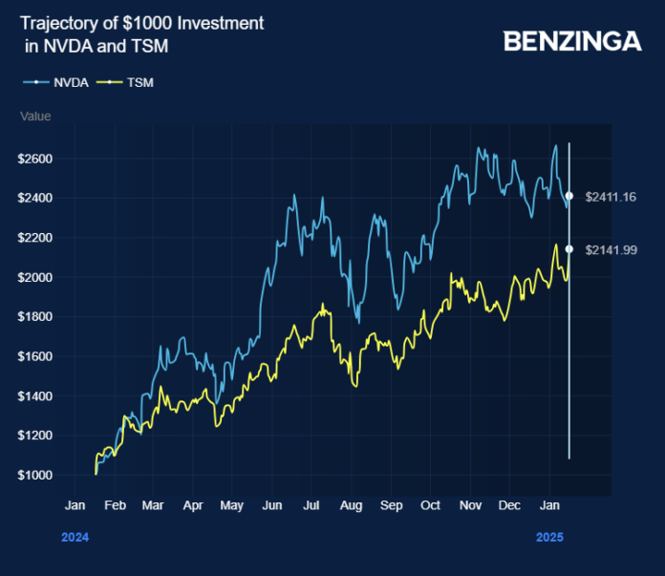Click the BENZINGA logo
click(572, 41)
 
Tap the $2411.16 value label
click(611, 197)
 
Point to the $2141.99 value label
click(611, 249)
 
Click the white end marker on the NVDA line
click(569, 196)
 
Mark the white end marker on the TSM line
click(569, 249)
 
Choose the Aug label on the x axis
click(351, 504)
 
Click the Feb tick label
click(114, 504)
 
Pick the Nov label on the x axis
click(469, 504)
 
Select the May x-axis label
click(231, 504)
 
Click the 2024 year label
click(75, 538)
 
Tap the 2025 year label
click(547, 538)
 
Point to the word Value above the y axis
click(35, 117)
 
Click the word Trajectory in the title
click(59, 22)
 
